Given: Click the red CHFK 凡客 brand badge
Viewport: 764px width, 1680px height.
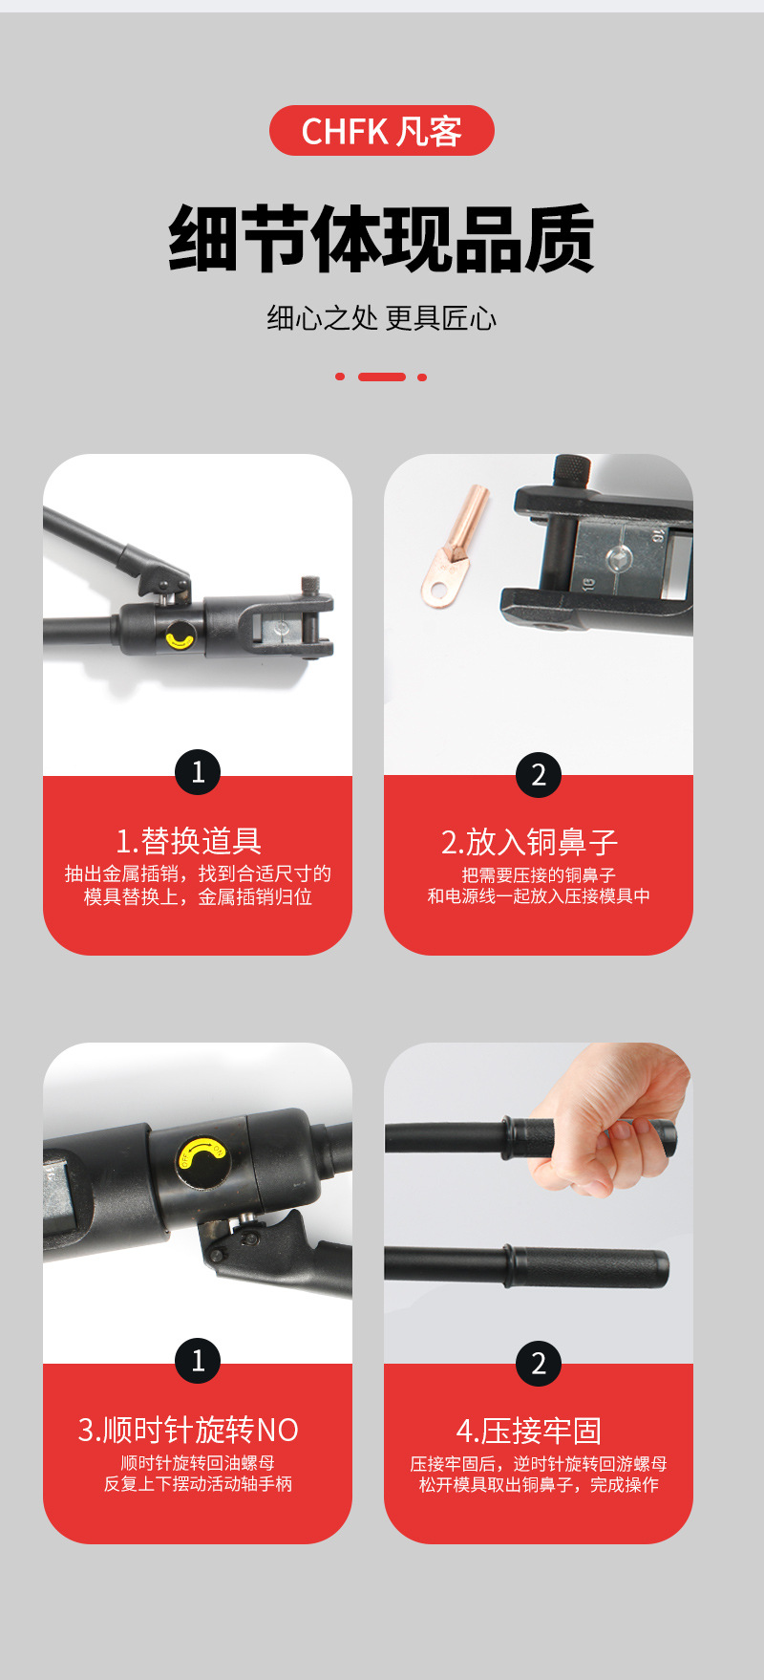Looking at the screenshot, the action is [x=382, y=131].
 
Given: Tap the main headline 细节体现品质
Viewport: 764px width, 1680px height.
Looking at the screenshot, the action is [x=382, y=239].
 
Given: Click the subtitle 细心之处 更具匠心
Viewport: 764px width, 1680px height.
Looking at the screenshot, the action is [x=382, y=318].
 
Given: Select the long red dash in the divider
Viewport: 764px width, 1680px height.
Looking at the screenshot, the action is [x=382, y=377].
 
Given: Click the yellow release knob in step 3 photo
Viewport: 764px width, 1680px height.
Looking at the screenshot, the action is [x=202, y=1158].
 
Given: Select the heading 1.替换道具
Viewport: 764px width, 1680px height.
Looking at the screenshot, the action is [x=188, y=841].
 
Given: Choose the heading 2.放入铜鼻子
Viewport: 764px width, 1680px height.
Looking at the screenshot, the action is [x=530, y=842].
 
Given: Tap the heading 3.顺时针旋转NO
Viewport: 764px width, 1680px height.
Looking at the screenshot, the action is [x=188, y=1430].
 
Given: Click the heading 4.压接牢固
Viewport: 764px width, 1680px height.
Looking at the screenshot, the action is [x=529, y=1431].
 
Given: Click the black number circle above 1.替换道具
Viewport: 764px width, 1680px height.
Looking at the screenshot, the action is [x=198, y=771].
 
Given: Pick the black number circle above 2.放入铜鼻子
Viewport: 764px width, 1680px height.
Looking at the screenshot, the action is [x=539, y=774].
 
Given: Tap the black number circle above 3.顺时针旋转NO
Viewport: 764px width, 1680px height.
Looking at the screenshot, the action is [x=198, y=1360].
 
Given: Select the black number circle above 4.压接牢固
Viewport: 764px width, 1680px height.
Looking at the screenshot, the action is [x=539, y=1363].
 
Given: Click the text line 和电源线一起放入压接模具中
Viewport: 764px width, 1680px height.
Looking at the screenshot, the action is [x=539, y=895].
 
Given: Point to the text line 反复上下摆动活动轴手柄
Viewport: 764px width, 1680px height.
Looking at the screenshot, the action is [x=198, y=1484].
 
